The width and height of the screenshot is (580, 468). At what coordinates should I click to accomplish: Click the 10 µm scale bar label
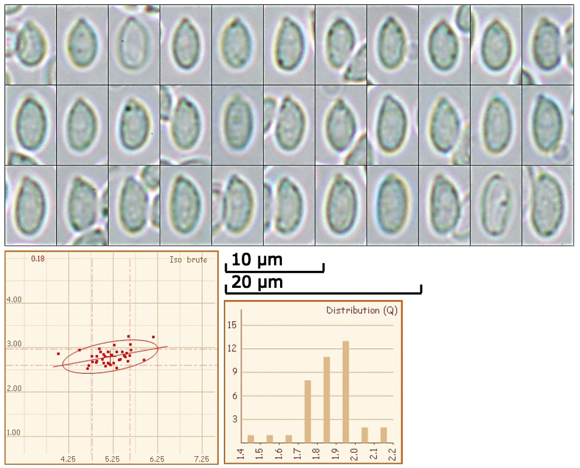257,260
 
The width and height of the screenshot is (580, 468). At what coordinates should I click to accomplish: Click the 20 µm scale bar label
257,283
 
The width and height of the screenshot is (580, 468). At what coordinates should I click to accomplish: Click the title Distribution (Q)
361,311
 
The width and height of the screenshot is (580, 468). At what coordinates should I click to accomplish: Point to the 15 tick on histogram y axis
234,325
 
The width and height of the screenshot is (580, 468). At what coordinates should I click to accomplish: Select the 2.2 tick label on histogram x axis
391,452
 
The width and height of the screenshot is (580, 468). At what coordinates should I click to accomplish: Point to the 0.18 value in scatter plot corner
38,259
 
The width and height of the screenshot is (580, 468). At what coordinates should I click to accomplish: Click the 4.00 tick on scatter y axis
14,300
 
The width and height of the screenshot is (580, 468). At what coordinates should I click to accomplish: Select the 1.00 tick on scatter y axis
14,433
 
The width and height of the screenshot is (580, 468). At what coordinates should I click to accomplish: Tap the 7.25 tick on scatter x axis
201,459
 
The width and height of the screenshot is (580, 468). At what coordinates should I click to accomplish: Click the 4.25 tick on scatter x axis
69,459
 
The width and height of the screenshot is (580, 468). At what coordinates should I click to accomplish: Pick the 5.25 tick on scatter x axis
113,459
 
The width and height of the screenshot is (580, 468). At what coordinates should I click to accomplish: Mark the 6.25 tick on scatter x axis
157,459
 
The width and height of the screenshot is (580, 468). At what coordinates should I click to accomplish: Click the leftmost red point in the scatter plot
58,354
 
